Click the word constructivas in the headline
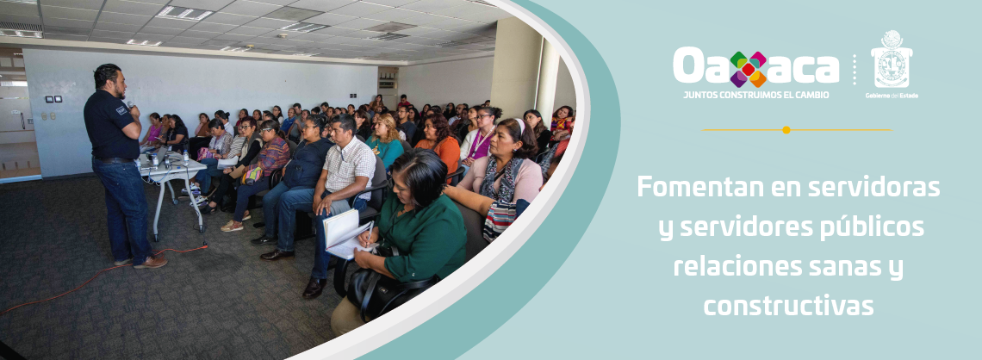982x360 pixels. pyautogui.click(x=787, y=306)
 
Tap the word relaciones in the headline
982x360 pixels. pyautogui.click(x=728, y=267)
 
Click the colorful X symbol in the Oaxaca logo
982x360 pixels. pyautogui.click(x=748, y=69)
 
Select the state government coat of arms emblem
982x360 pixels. pyautogui.click(x=891, y=60)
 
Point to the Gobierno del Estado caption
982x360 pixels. pyautogui.click(x=891, y=96)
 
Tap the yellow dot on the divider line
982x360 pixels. pyautogui.click(x=786, y=130)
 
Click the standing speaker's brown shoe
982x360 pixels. pyautogui.click(x=152, y=262)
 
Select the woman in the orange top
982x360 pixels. pyautogui.click(x=443, y=143)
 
